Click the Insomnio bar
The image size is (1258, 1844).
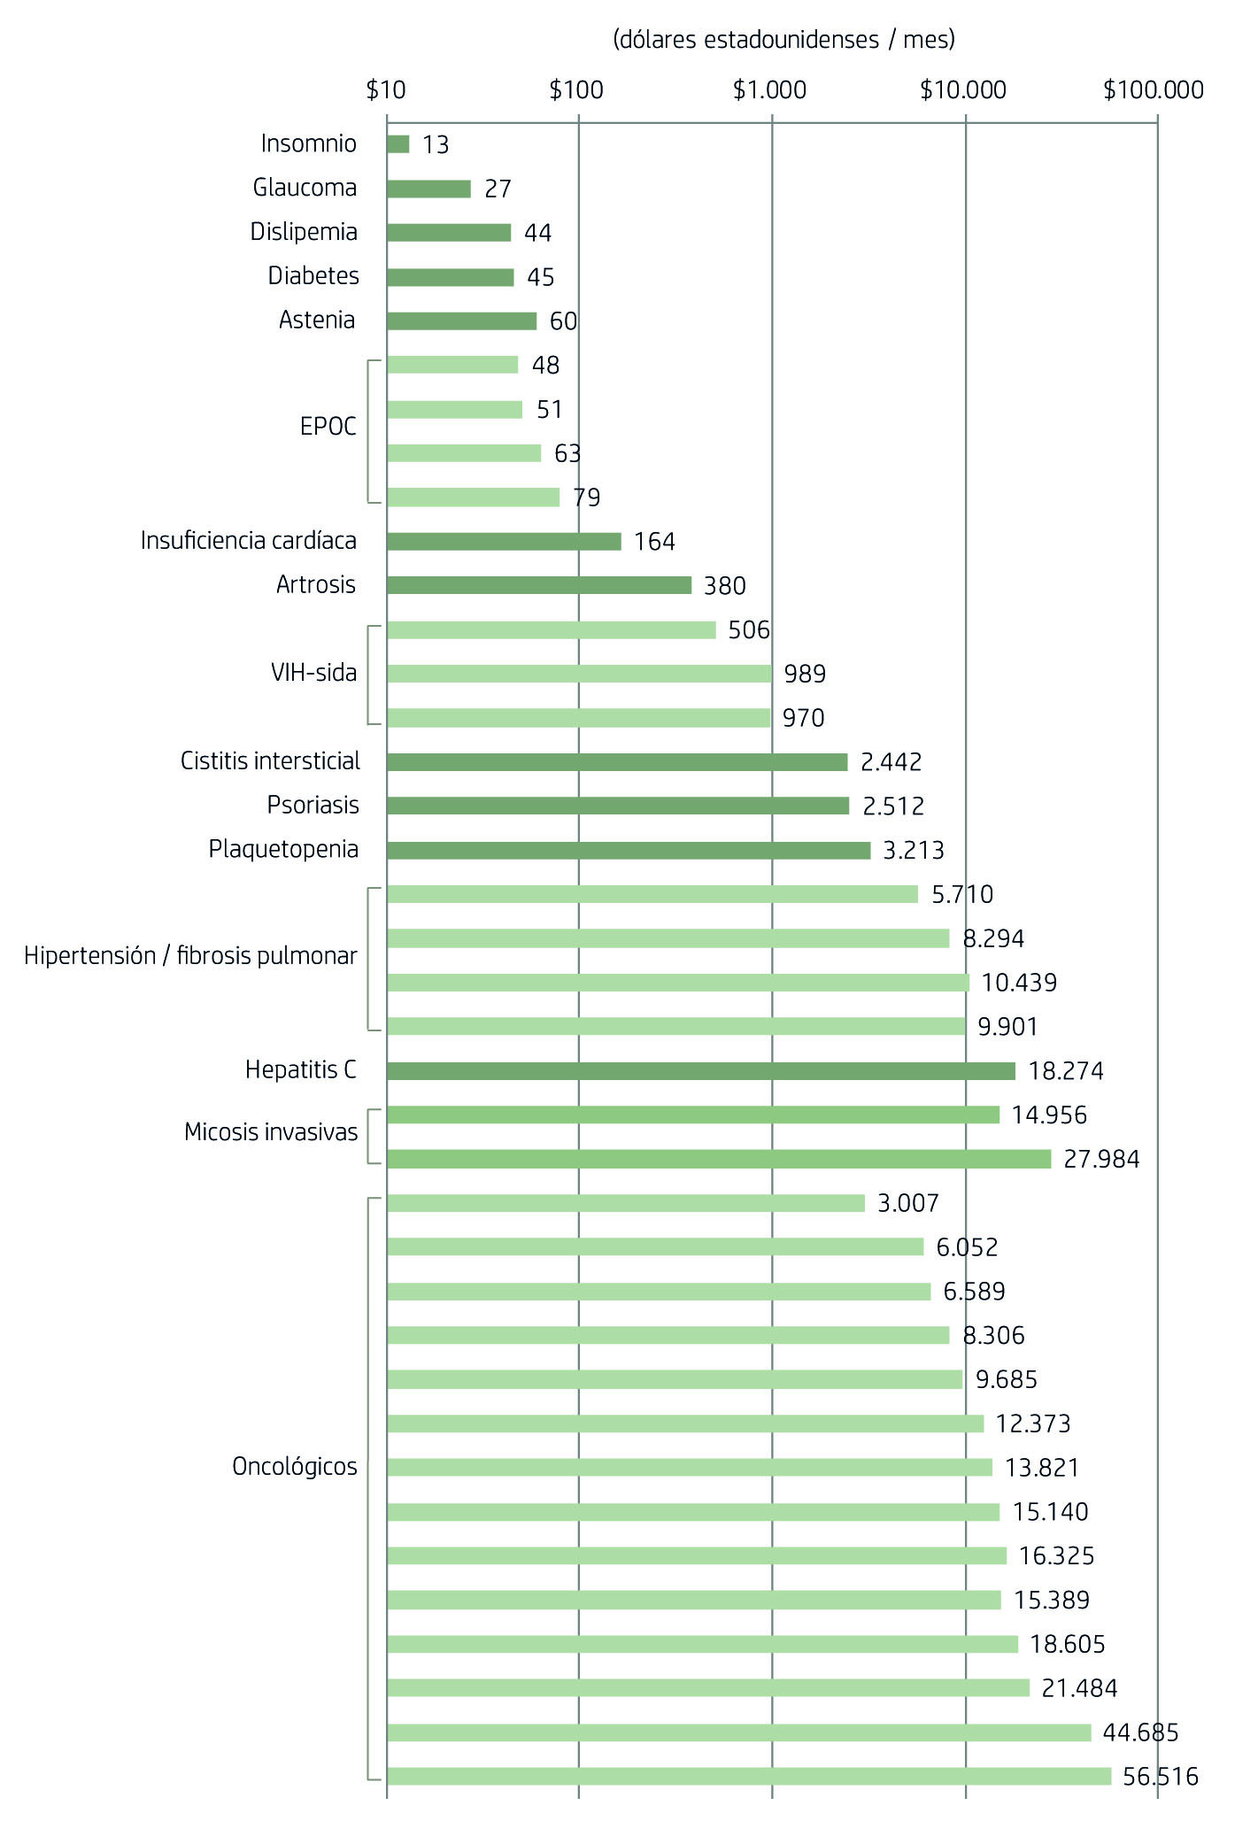[x=398, y=144]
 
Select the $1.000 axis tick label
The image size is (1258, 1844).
[x=769, y=90]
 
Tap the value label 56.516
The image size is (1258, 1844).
[x=1160, y=1776]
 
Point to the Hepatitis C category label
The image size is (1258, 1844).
[x=300, y=1070]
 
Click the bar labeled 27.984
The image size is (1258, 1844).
[x=718, y=1159]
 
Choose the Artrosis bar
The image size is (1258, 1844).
[x=538, y=585]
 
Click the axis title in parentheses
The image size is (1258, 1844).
[x=783, y=40]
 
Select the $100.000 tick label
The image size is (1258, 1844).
[x=1153, y=90]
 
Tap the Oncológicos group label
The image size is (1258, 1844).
[x=294, y=1467]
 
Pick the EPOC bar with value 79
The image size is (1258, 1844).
[x=473, y=498]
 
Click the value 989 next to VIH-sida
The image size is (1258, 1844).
[x=805, y=675]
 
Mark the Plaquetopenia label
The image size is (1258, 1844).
[x=283, y=850]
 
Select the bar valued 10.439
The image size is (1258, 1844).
[x=677, y=983]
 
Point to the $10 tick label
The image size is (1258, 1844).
[x=386, y=90]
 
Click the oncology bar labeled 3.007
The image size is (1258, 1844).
[x=625, y=1203]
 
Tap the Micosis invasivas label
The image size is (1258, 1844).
[x=271, y=1132]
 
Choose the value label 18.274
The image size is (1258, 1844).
[x=1065, y=1071]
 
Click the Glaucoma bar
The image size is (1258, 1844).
[x=428, y=189]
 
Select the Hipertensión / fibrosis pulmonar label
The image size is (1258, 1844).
[x=190, y=956]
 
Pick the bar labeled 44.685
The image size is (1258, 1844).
[x=738, y=1732]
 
